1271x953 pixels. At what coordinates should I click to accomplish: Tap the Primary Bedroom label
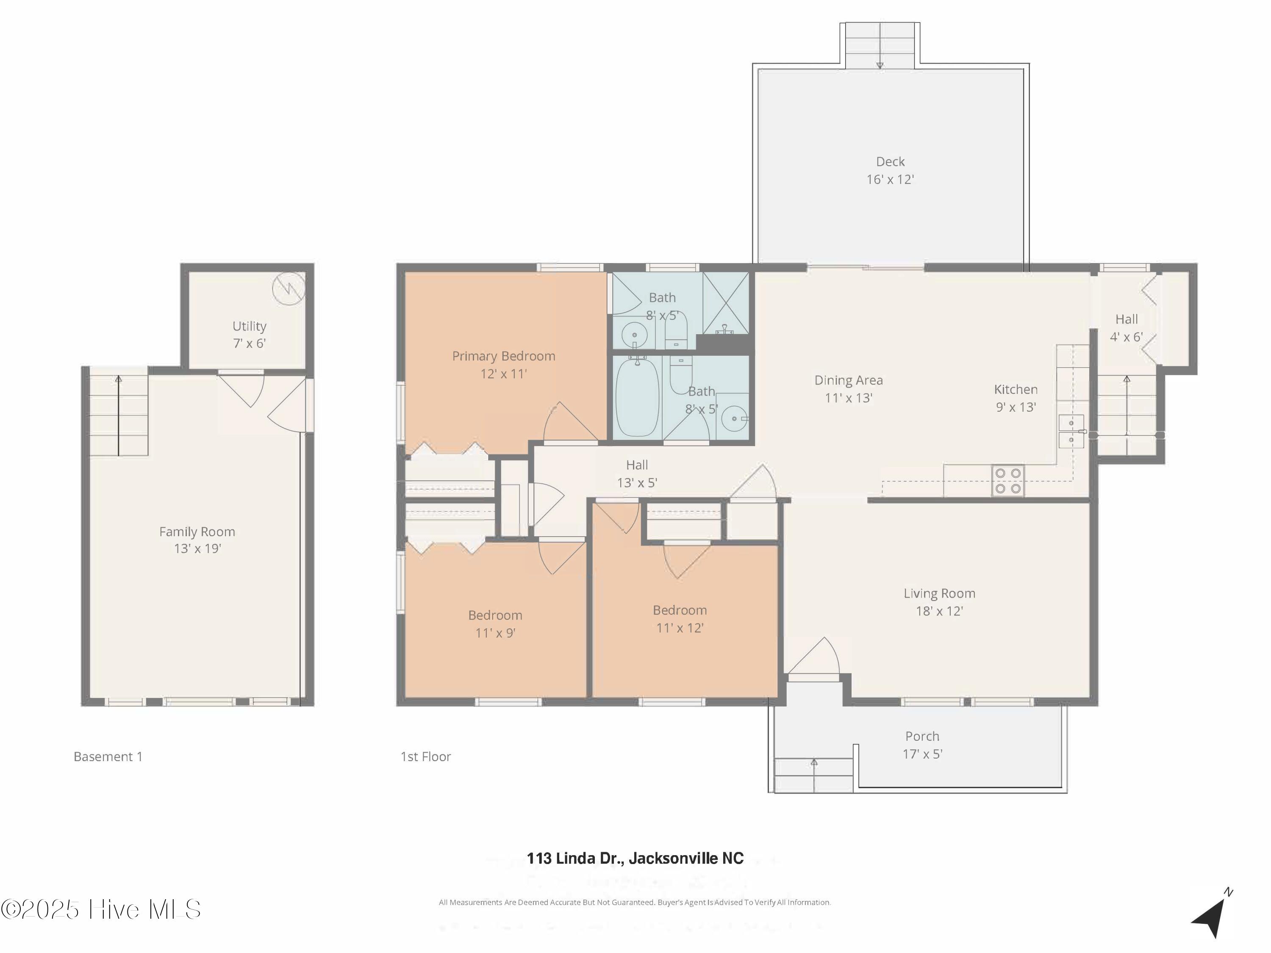pos(503,356)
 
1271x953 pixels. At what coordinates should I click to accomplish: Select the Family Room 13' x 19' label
pos(197,540)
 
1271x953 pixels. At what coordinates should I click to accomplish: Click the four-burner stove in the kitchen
pos(1008,481)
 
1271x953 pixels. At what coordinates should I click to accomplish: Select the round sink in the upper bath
pos(634,333)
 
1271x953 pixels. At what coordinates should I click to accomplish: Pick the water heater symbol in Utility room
pos(289,288)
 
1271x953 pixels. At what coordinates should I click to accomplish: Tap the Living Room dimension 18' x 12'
pos(939,611)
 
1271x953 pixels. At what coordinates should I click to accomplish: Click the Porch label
pos(922,737)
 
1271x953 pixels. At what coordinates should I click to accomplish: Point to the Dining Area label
pos(849,380)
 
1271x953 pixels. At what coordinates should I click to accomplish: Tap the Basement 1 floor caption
pos(108,756)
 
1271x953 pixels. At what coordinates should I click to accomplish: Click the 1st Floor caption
pos(426,756)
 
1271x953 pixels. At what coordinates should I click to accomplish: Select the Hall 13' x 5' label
pos(637,474)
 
